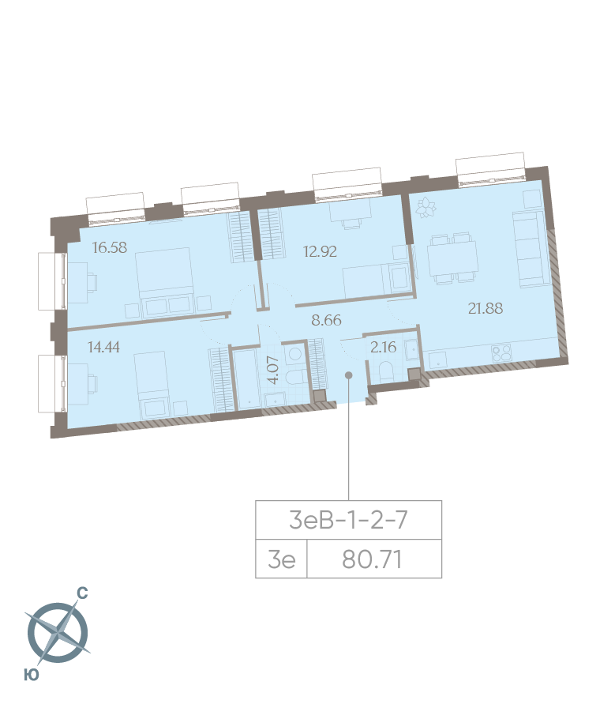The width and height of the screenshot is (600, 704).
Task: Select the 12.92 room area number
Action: point(321,253)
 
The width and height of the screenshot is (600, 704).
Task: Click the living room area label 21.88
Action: point(486,308)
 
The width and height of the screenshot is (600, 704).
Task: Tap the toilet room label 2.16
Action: point(383,345)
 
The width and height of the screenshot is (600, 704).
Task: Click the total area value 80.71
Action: point(373,559)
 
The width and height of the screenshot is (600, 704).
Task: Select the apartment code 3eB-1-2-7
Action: point(348,520)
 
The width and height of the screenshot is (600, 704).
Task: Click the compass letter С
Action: point(81,592)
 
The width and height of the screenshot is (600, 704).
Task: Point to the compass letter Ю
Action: point(32,674)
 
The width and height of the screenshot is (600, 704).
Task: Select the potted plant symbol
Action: point(427,208)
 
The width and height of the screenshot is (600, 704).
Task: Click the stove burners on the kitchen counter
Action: point(503,354)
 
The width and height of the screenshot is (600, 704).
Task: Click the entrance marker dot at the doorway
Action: point(349,375)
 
